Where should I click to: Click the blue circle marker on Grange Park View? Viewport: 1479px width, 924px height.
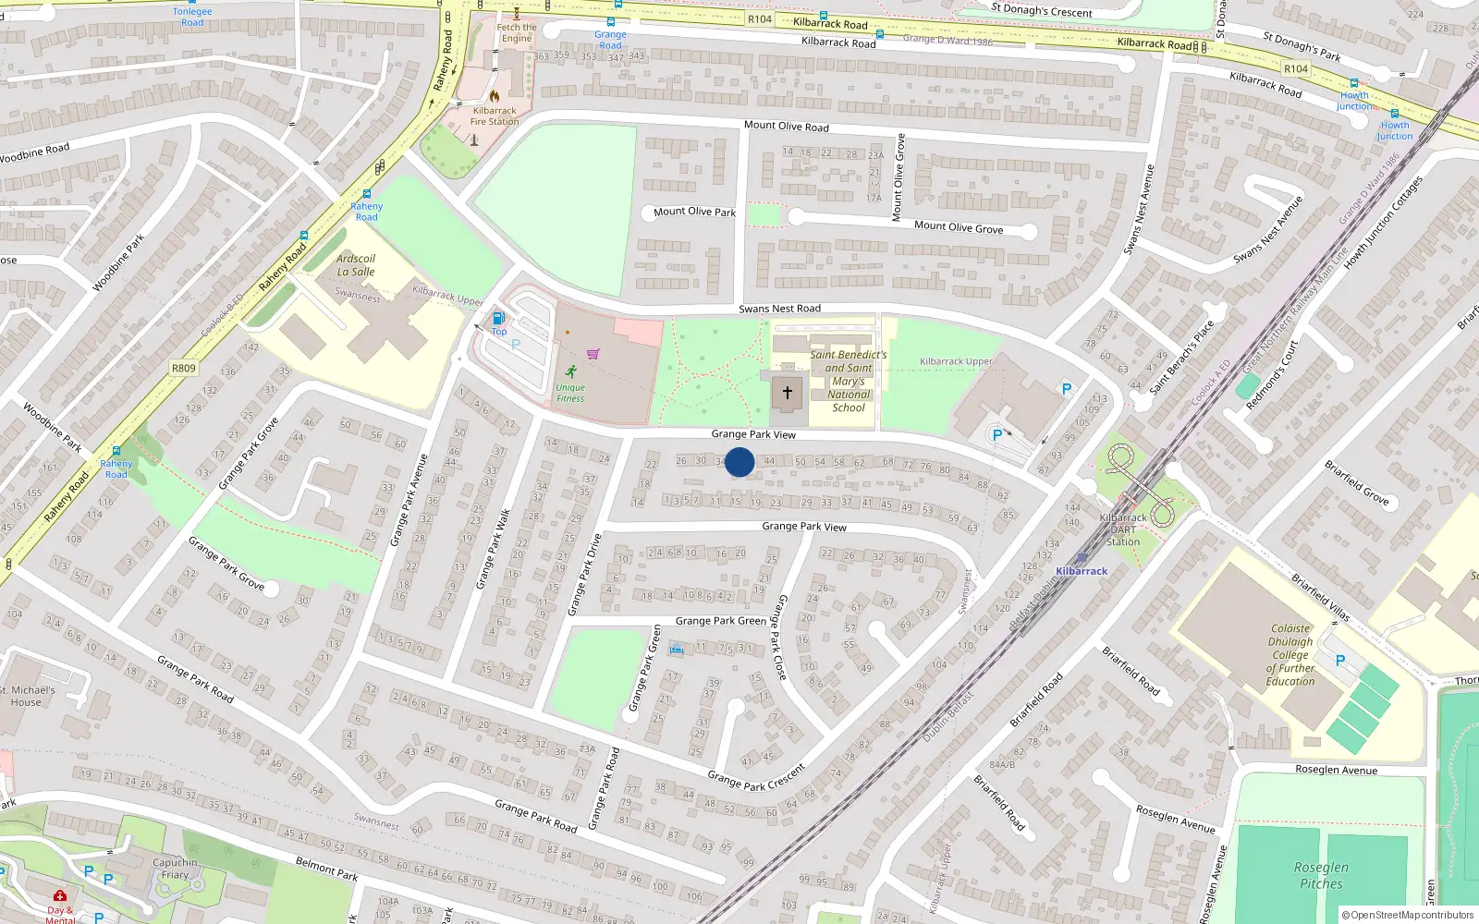(739, 462)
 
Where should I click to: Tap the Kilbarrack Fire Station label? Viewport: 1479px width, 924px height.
(495, 115)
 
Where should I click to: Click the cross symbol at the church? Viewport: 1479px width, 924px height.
(788, 393)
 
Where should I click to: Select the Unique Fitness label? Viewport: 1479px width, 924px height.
(570, 393)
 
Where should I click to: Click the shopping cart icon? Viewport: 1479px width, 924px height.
(593, 354)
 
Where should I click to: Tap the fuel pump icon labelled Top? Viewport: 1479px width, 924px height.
(499, 319)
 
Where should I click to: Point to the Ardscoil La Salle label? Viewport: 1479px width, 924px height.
(356, 265)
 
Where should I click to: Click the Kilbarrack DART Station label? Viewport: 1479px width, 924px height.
(1123, 529)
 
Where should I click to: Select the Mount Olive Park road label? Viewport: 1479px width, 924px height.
(694, 212)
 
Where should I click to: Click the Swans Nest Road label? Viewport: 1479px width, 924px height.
(779, 309)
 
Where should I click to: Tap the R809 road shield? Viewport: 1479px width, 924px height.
(184, 368)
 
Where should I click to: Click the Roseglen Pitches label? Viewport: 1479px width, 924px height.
(1321, 875)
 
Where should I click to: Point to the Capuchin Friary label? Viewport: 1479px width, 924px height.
(175, 869)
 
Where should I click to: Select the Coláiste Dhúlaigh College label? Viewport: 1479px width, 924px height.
(1290, 654)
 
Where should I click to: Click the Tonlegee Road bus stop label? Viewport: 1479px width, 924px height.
(192, 17)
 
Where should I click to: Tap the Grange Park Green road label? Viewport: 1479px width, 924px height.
(720, 621)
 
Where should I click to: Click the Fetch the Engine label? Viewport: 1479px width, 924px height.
(516, 32)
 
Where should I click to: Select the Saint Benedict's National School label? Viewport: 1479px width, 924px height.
(848, 381)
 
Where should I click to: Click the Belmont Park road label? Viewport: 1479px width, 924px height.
(326, 869)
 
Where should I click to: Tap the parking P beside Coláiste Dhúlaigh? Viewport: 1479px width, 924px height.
(1340, 661)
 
